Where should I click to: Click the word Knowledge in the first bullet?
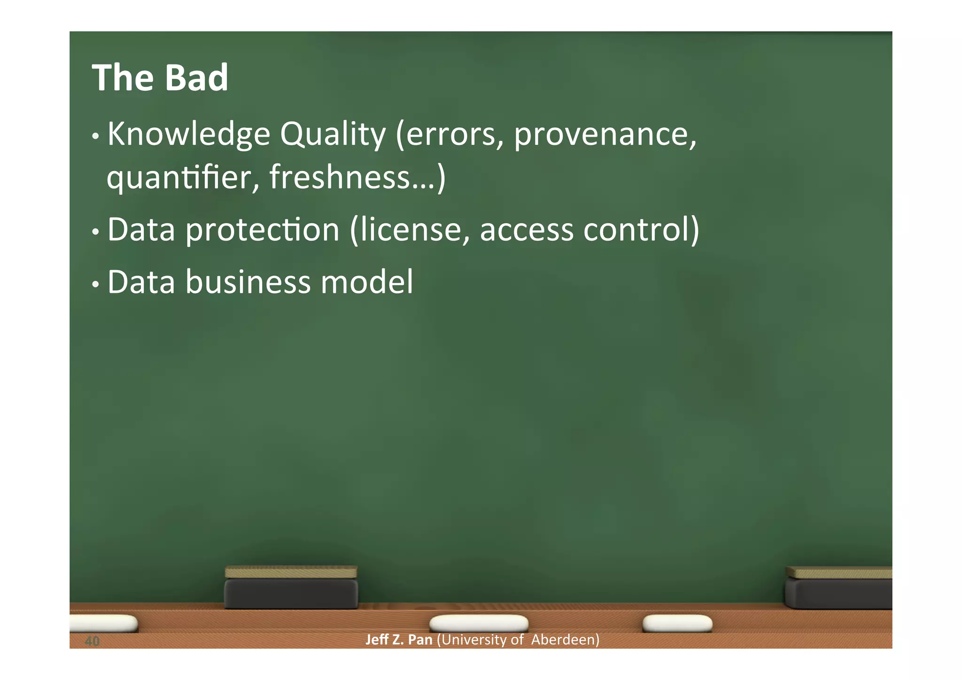tap(188, 135)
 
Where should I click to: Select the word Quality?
tap(333, 135)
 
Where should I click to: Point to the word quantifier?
tap(183, 178)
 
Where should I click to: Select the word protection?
tap(263, 230)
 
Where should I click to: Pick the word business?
tap(248, 282)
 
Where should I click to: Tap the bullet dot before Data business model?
tap(95, 284)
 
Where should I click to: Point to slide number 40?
tap(92, 641)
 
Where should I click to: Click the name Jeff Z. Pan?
tap(398, 640)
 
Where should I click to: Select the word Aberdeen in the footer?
tap(565, 640)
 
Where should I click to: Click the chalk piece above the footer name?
tap(478, 623)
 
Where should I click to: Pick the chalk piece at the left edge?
tap(103, 623)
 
